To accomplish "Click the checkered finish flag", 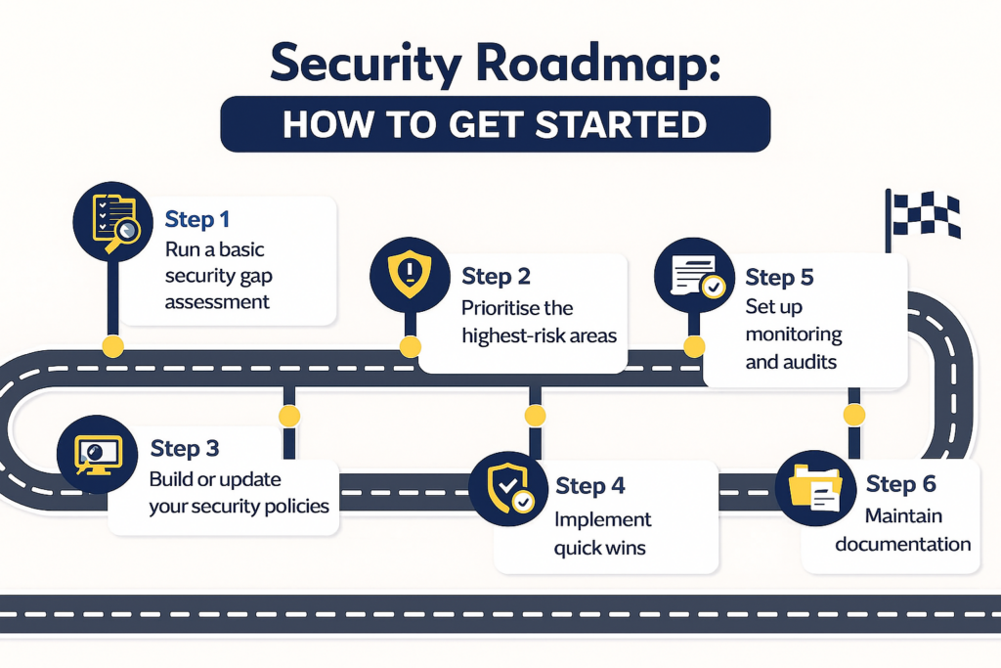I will click(x=925, y=215).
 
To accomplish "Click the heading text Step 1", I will click(x=197, y=218).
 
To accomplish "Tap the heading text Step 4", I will click(x=589, y=486).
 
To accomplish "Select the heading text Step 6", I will click(x=900, y=484).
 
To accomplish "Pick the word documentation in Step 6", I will click(x=902, y=544).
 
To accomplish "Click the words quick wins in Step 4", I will click(x=599, y=548).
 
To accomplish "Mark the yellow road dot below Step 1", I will click(x=113, y=345).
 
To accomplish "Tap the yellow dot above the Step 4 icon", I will click(x=535, y=416).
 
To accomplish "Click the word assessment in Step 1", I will click(x=217, y=302).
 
